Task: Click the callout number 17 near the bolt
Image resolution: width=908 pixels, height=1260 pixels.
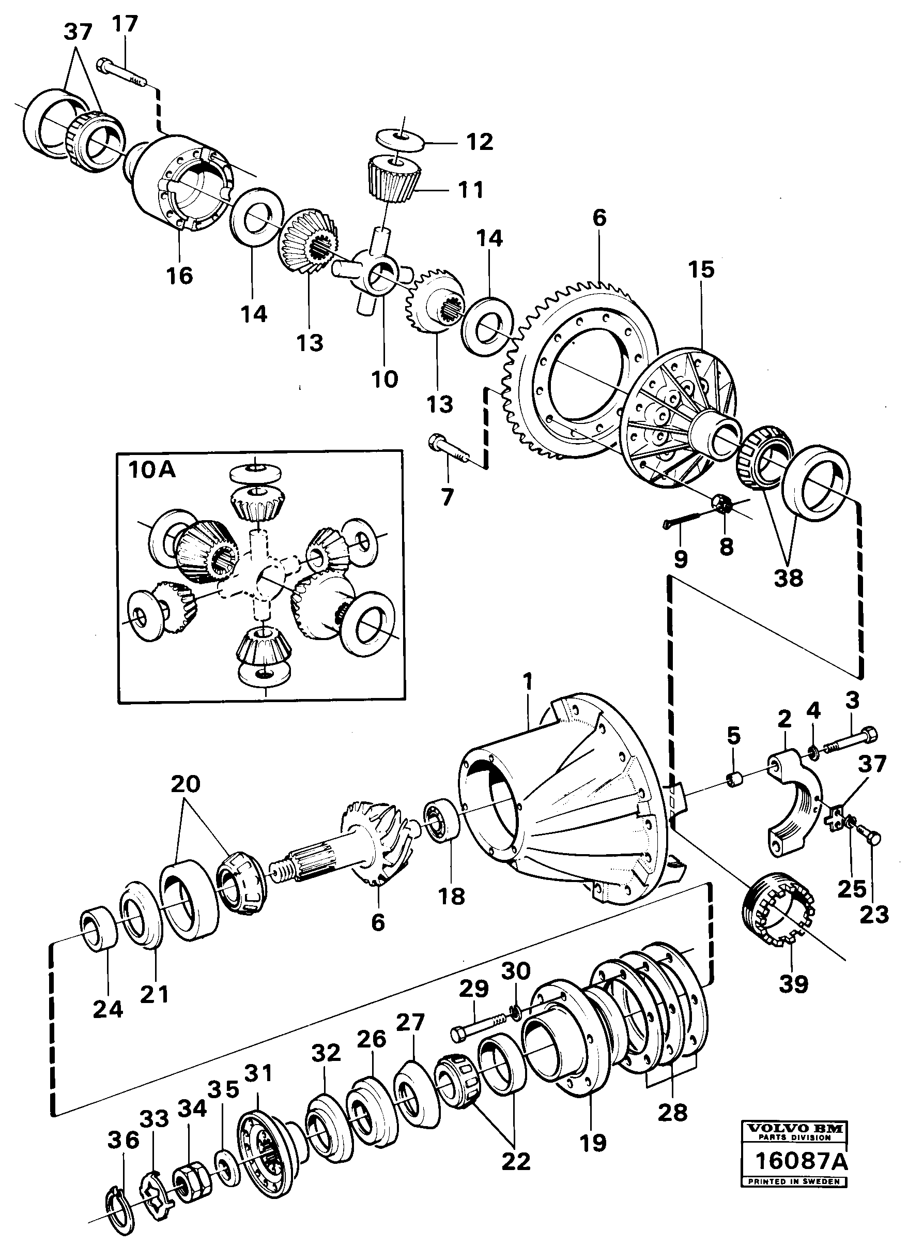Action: point(124,25)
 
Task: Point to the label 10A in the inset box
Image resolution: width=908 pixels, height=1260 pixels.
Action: point(151,471)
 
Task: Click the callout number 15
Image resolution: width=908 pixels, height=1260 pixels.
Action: point(701,270)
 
